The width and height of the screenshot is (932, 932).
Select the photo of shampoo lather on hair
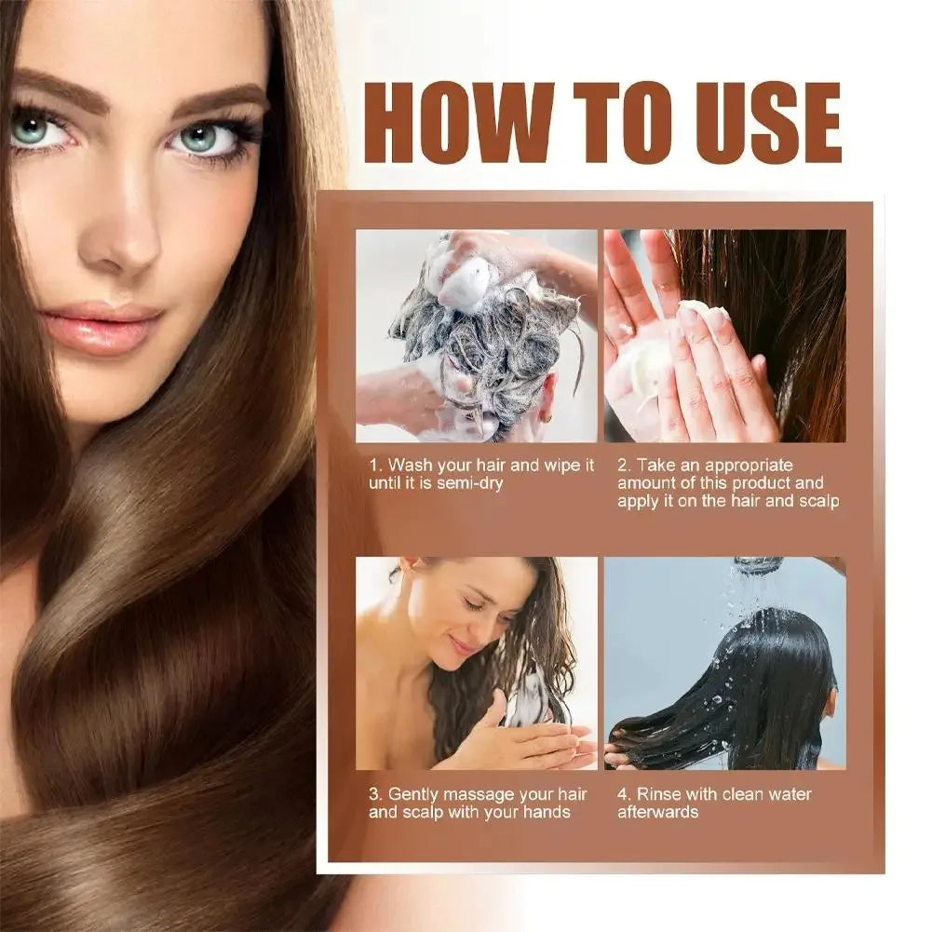coord(476,335)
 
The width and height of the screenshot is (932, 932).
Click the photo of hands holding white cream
coord(724,335)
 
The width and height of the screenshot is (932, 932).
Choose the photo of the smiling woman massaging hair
coord(476,663)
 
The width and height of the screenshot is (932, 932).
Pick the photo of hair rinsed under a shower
coord(724,663)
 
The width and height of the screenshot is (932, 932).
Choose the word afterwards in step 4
coord(657,813)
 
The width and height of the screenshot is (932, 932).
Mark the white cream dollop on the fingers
coord(694,309)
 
